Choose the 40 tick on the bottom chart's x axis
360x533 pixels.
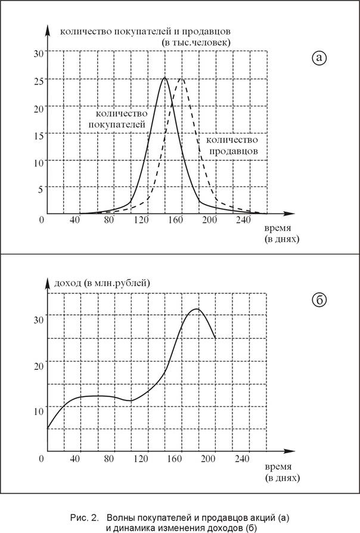[75, 458]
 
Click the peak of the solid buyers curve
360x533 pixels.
[165, 78]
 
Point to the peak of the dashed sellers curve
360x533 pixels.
[182, 78]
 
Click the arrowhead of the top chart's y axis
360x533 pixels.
[48, 27]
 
